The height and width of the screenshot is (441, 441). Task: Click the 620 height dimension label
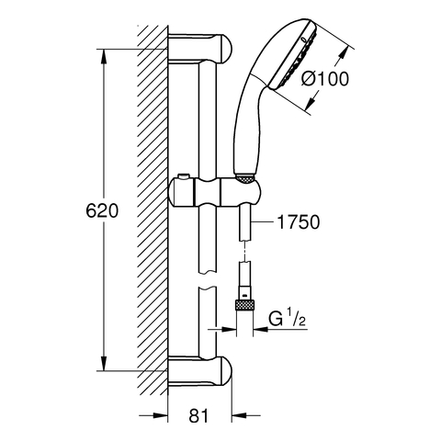102,211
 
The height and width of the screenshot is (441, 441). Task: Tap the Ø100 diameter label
324,79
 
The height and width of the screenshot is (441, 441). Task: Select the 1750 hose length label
299,222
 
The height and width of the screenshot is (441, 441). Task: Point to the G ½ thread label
288,319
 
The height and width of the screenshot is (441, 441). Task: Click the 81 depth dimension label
198,416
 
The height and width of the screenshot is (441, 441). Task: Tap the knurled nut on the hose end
244,306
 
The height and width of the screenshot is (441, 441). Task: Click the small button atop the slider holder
183,176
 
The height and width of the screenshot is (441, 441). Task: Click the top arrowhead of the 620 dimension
104,56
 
